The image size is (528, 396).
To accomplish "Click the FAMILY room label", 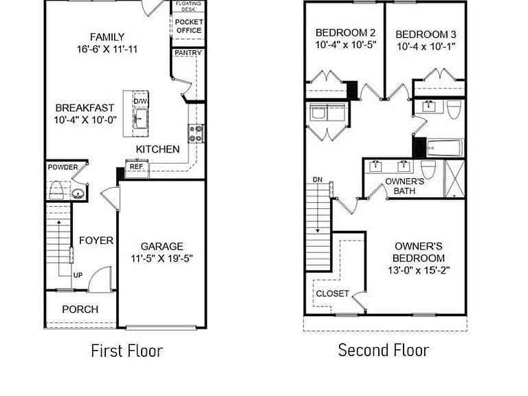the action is click(x=107, y=36).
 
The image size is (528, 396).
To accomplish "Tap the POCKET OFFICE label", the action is click(x=189, y=26).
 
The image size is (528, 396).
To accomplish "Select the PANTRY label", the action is click(x=188, y=53).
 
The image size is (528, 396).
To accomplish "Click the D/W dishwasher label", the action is click(x=140, y=101).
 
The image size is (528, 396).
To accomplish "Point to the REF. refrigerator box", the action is click(x=137, y=168).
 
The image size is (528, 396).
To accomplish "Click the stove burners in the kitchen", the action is click(x=196, y=133).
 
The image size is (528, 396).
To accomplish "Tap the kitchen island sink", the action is click(x=141, y=118).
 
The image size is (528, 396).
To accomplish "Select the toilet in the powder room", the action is click(x=56, y=190).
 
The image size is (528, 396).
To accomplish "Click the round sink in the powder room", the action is click(x=78, y=194).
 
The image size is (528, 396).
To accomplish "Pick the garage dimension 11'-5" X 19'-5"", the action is click(x=162, y=258).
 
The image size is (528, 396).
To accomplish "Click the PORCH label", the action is click(x=80, y=309).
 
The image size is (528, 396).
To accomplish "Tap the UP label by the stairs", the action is click(x=78, y=275).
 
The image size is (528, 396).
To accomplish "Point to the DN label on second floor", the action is click(x=318, y=179).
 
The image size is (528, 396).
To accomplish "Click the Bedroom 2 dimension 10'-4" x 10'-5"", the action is click(x=346, y=45).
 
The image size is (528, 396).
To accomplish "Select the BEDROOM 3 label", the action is click(x=426, y=34).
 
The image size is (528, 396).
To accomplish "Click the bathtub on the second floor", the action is click(x=445, y=148).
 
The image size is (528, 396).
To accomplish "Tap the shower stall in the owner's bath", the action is click(x=454, y=179).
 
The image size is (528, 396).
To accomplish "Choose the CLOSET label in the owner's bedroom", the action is click(x=332, y=294).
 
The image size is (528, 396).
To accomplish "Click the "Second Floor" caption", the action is click(x=384, y=350).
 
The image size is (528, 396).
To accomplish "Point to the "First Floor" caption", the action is click(x=127, y=351).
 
